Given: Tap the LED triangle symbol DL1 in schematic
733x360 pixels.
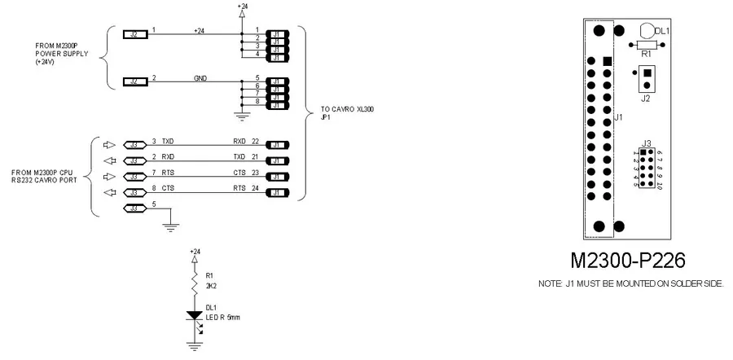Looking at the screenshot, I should pyautogui.click(x=194, y=315).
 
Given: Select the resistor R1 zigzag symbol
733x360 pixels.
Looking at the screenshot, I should pyautogui.click(x=194, y=282).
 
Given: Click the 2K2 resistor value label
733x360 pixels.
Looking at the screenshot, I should pyautogui.click(x=211, y=286).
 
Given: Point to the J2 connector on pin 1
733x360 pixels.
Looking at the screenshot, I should pyautogui.click(x=135, y=34).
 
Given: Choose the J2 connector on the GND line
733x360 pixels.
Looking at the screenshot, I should pyautogui.click(x=135, y=81).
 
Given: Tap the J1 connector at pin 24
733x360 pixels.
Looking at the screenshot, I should pyautogui.click(x=278, y=192).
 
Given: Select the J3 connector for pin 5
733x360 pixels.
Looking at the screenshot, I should pyautogui.click(x=133, y=209).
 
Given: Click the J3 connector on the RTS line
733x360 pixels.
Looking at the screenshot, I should pyautogui.click(x=133, y=177).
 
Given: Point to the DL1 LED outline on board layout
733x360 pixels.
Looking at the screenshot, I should pyautogui.click(x=648, y=30).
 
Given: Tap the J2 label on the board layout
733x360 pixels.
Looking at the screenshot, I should pyautogui.click(x=646, y=99).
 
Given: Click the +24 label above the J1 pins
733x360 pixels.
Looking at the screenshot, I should pyautogui.click(x=242, y=6).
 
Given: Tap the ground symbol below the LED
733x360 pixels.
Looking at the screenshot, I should pyautogui.click(x=194, y=345).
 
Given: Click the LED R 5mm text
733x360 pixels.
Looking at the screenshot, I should pyautogui.click(x=224, y=317).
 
